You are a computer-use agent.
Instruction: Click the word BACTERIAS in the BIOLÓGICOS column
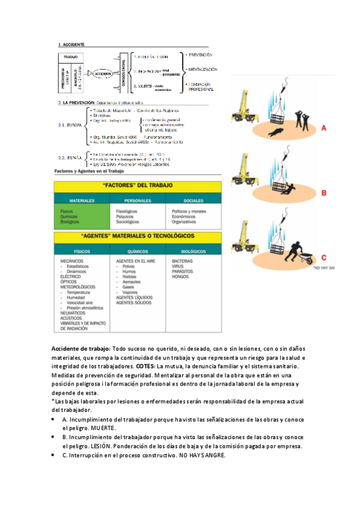pos(182,261)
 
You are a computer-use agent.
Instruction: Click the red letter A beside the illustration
pos(323,127)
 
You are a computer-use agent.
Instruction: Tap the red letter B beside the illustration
pos(323,193)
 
